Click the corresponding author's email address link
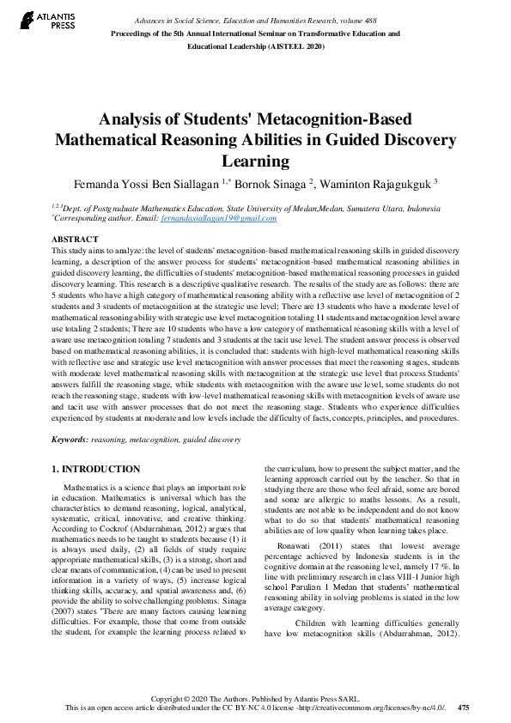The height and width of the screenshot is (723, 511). pyautogui.click(x=228, y=218)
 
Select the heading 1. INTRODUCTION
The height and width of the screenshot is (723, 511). pyautogui.click(x=96, y=469)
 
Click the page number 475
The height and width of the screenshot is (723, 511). pyautogui.click(x=464, y=708)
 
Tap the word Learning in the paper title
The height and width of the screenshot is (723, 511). pyautogui.click(x=255, y=161)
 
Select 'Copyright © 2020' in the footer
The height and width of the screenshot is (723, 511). pyautogui.click(x=180, y=698)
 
